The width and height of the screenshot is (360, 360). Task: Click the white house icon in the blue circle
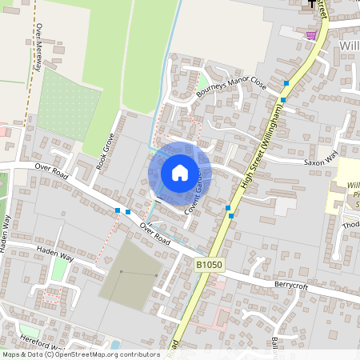(x=180, y=172)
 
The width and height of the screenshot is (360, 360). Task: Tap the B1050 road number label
(x=206, y=264)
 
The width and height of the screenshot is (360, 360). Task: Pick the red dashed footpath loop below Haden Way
(x=52, y=297)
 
